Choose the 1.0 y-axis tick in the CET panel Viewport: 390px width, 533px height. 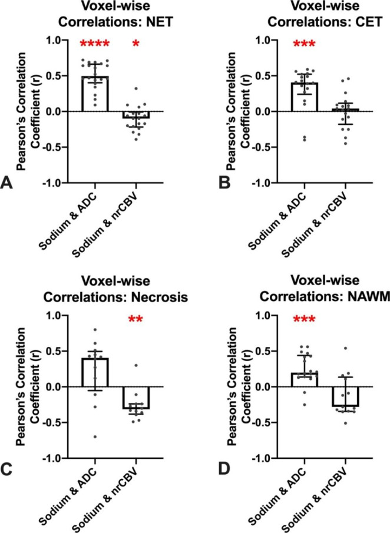254,40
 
